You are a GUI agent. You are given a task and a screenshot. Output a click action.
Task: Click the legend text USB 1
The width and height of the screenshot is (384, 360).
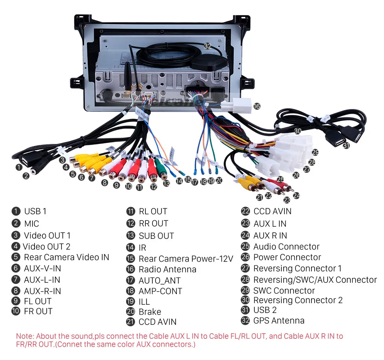(35, 211)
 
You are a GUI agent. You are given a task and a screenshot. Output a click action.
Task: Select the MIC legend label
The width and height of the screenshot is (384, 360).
(31, 224)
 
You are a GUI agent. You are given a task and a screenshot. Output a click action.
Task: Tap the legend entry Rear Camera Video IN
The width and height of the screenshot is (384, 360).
(66, 257)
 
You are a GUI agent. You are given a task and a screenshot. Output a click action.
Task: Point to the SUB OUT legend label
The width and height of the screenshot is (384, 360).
(156, 236)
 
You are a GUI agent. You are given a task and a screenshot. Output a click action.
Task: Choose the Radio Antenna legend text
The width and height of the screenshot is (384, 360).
(167, 269)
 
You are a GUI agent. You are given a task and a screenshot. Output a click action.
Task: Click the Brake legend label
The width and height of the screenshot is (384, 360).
(150, 312)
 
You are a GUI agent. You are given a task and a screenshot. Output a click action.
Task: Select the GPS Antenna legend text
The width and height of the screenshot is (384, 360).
(279, 320)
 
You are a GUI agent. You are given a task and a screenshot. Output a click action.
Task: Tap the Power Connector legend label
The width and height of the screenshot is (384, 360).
(287, 257)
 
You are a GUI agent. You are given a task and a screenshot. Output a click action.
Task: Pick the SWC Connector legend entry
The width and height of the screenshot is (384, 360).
(284, 291)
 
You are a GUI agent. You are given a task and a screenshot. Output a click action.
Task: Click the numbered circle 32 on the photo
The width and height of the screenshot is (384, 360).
(207, 46)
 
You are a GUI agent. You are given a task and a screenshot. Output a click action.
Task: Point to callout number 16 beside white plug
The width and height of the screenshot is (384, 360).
(257, 106)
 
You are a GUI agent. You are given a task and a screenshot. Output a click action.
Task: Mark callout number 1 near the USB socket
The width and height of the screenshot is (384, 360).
(18, 167)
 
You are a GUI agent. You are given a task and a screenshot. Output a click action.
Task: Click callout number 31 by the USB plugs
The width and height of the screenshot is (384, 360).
(346, 145)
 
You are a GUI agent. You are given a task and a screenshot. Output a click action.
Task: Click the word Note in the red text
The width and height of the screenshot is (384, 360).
(25, 336)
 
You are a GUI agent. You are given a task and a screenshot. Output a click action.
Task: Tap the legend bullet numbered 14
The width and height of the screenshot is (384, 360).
(130, 247)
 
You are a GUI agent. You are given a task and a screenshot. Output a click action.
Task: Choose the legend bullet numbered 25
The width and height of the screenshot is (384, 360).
(245, 247)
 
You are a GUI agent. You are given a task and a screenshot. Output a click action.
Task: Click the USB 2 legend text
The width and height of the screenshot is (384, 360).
(265, 310)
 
